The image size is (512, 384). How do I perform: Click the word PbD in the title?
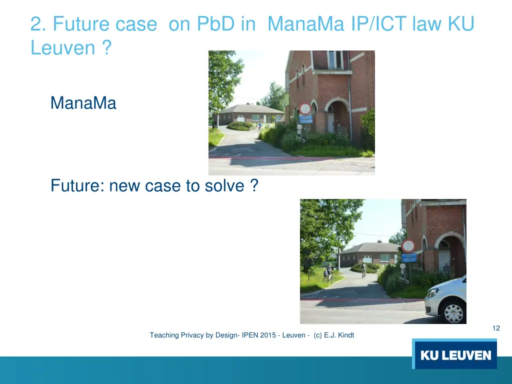216,24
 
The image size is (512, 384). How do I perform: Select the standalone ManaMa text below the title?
83,103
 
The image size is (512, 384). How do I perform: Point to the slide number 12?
496,328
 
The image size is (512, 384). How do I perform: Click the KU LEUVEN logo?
454,354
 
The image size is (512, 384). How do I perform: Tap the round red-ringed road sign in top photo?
305,109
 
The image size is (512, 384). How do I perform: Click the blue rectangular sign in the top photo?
305,119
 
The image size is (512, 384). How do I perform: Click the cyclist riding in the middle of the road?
363,270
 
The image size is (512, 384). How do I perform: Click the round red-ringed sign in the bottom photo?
408,246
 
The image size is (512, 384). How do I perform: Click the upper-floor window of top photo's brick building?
334,59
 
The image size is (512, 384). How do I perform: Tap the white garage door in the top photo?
240,118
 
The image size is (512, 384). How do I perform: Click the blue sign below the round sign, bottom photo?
409,258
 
